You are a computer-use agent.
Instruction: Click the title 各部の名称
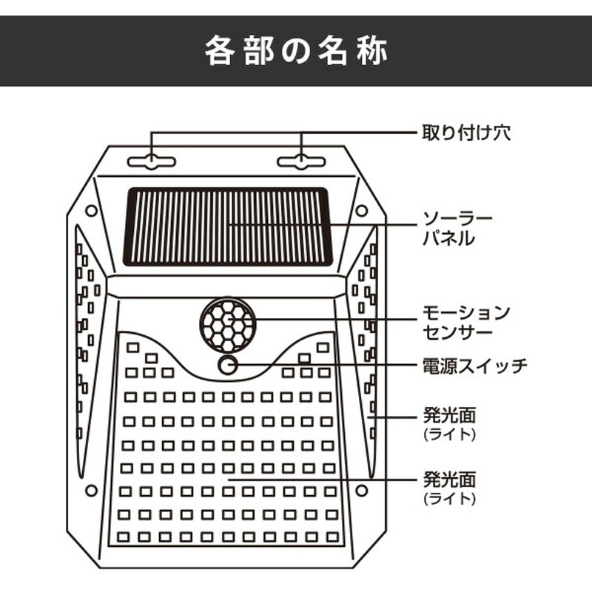tap(297, 50)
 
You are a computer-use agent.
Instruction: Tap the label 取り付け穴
tap(466, 133)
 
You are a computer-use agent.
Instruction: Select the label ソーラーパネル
tap(457, 229)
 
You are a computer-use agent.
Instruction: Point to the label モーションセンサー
tap(466, 323)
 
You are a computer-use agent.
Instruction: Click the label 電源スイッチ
tap(474, 366)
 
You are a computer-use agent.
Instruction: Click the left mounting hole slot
tap(152, 161)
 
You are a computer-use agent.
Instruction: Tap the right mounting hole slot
tap(301, 161)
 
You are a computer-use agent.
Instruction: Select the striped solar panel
tap(228, 226)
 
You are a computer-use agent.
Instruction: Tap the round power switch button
tap(228, 365)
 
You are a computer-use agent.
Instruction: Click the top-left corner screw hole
tap(91, 211)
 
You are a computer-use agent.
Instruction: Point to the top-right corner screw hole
tap(362, 210)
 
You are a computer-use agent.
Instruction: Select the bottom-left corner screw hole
tap(91, 491)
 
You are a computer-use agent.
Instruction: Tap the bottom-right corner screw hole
tap(362, 491)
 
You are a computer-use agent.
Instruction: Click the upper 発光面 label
tap(449, 415)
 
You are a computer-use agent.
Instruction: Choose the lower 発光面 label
tap(449, 480)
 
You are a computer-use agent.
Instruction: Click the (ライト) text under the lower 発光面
tap(449, 499)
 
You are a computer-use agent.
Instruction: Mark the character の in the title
tap(296, 51)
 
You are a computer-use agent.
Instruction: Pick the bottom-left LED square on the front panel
tap(123, 537)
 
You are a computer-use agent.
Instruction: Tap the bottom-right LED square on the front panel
tap(332, 537)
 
